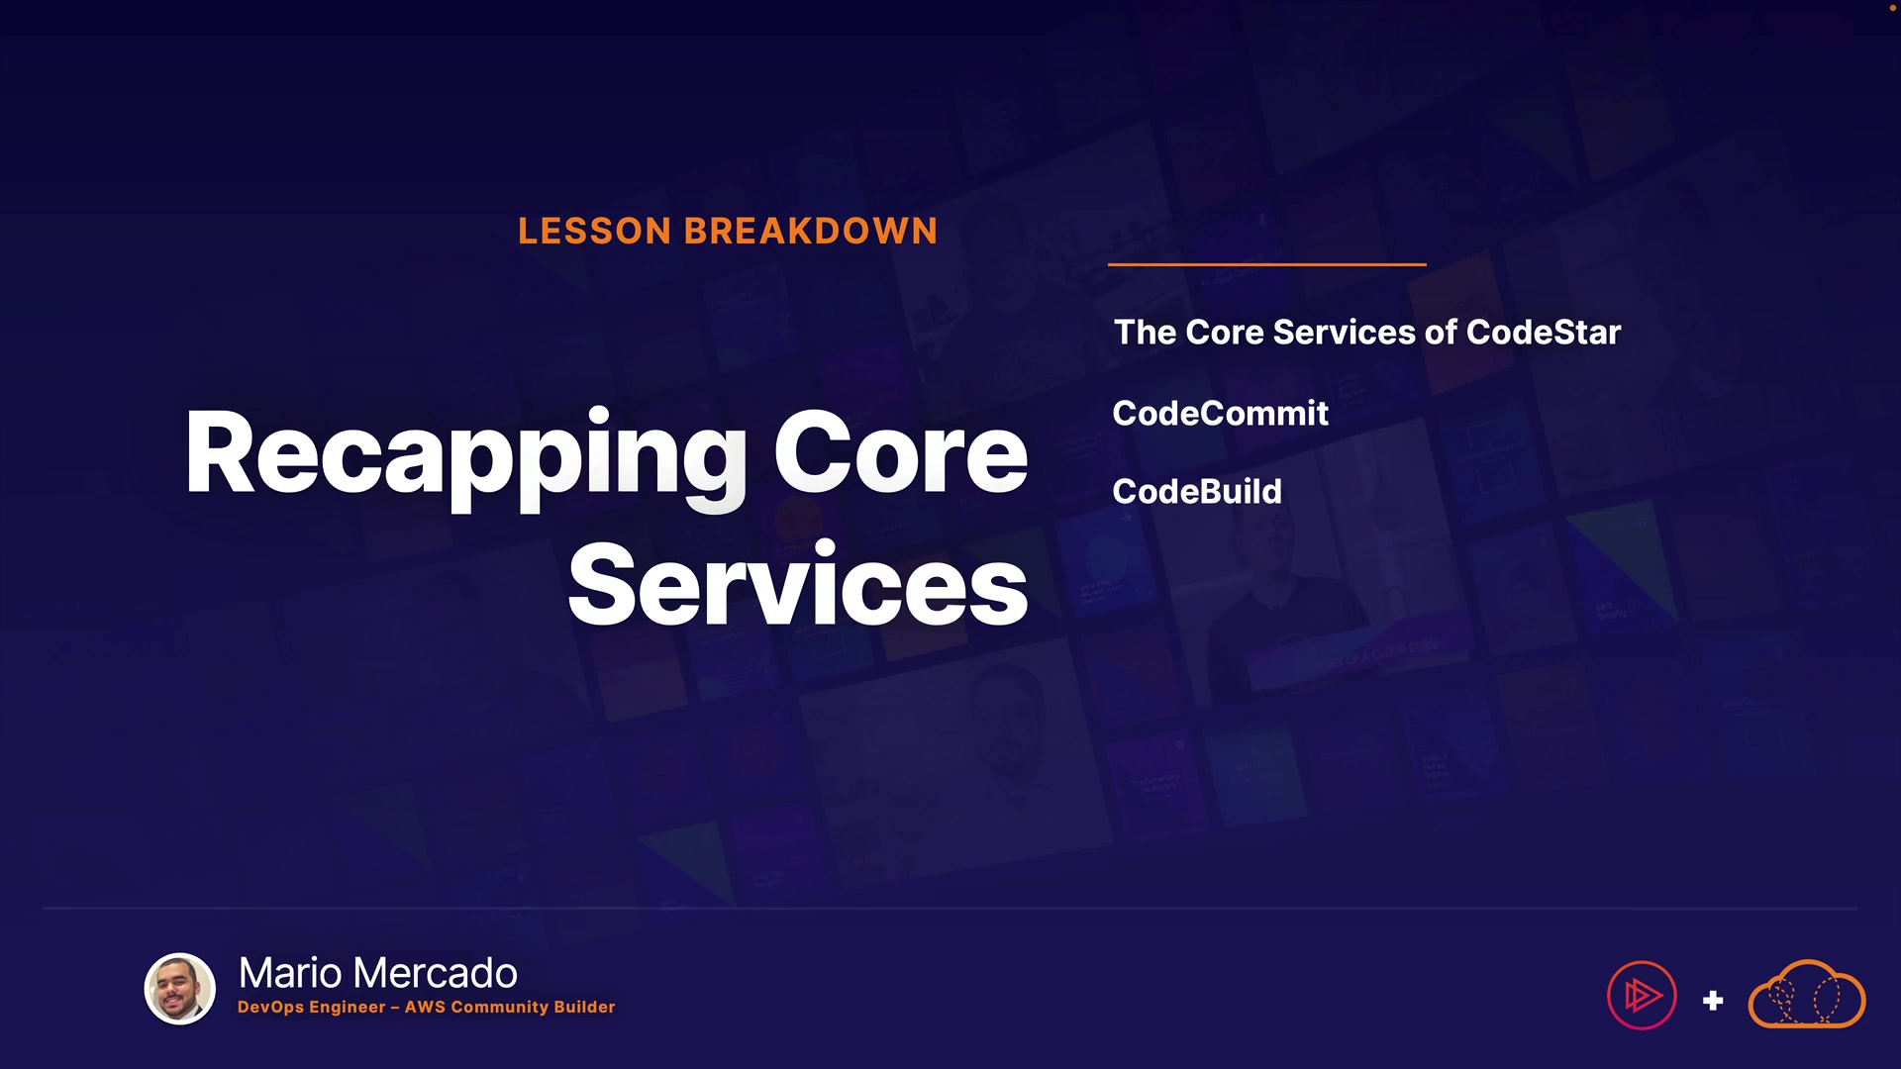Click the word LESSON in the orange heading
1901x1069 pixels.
595,232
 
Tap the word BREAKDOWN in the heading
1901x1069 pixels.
811,232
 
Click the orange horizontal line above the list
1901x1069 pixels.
1266,264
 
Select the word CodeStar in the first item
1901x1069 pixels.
1544,333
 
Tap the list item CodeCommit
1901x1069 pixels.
1220,413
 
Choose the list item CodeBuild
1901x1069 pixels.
1197,491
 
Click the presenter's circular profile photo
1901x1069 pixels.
180,988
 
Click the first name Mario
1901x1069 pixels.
291,973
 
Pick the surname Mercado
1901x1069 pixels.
435,973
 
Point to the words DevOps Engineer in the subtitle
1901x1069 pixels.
312,1007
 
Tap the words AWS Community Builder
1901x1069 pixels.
510,1007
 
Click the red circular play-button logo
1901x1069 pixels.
1642,995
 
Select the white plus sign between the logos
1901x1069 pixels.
1713,1001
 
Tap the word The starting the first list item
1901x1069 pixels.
1145,333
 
